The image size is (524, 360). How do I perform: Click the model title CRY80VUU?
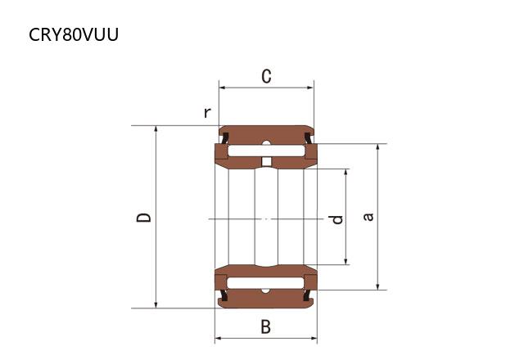[74, 34]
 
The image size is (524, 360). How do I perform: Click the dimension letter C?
[266, 76]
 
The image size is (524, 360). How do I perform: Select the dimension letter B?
[265, 326]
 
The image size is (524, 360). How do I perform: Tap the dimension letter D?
[144, 218]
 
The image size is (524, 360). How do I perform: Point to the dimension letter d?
[336, 219]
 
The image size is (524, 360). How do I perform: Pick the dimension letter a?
[368, 217]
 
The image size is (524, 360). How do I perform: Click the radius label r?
[207, 113]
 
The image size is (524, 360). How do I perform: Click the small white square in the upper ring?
[266, 162]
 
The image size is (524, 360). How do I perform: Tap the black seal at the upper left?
[225, 137]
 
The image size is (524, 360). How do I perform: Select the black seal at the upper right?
[308, 137]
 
